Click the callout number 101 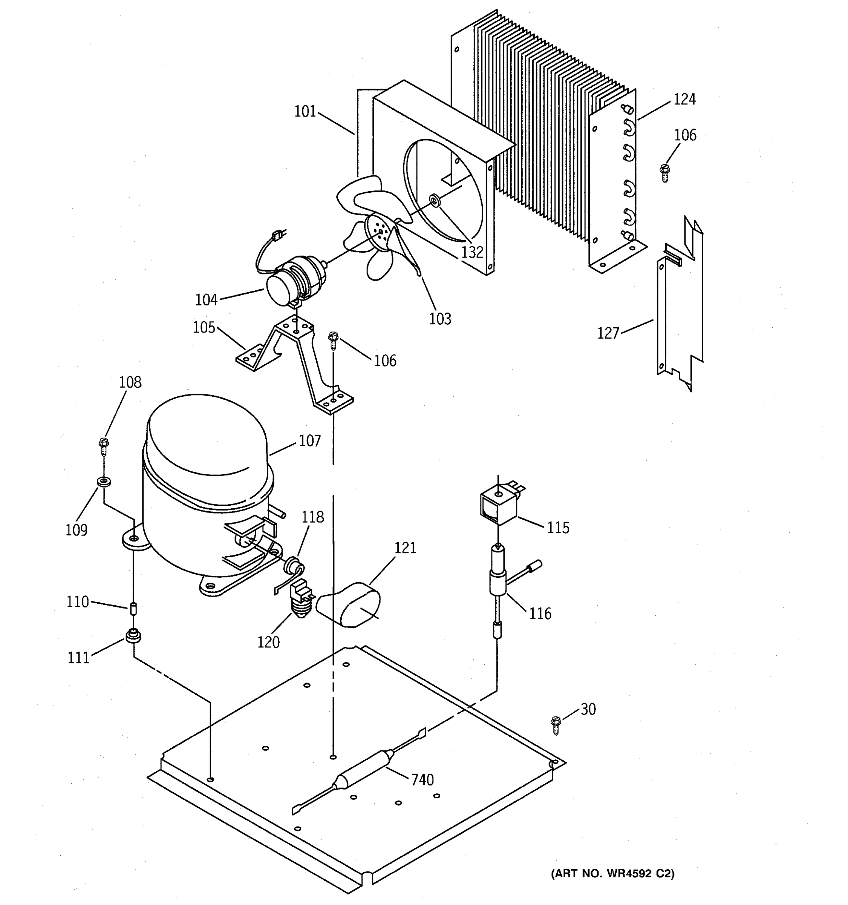[x=305, y=111]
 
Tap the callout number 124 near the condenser [x=684, y=99]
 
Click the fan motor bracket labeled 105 [x=296, y=360]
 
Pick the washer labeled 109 [x=105, y=481]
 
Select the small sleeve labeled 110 [x=133, y=609]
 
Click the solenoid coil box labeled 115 [x=498, y=505]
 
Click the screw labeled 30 [x=555, y=725]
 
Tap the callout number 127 [x=608, y=333]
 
